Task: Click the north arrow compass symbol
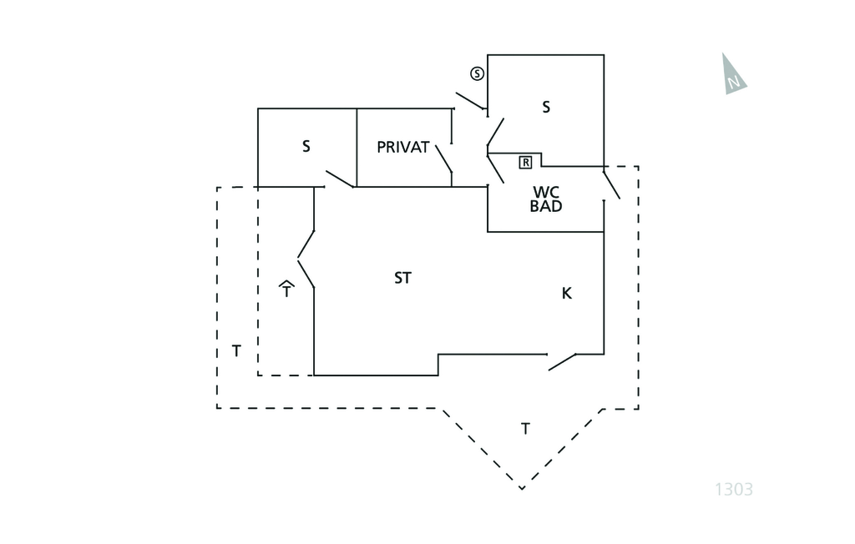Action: (732, 75)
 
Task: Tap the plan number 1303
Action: (734, 490)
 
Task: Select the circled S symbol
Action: (477, 73)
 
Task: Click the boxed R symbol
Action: (525, 163)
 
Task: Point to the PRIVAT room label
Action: (403, 147)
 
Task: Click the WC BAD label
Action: (546, 199)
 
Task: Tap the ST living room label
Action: (402, 278)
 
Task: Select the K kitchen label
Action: (567, 293)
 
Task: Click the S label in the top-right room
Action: (546, 107)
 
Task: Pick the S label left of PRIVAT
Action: (306, 146)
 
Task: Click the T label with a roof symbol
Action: (286, 289)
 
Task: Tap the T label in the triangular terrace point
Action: (525, 429)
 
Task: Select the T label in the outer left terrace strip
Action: (236, 351)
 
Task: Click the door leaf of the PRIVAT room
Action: (444, 159)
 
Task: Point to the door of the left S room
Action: (341, 179)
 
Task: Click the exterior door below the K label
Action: (562, 362)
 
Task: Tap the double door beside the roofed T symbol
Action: (306, 259)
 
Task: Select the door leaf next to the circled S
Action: (471, 101)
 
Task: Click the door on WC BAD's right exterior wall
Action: (611, 185)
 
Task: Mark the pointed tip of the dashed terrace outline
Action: (522, 488)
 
